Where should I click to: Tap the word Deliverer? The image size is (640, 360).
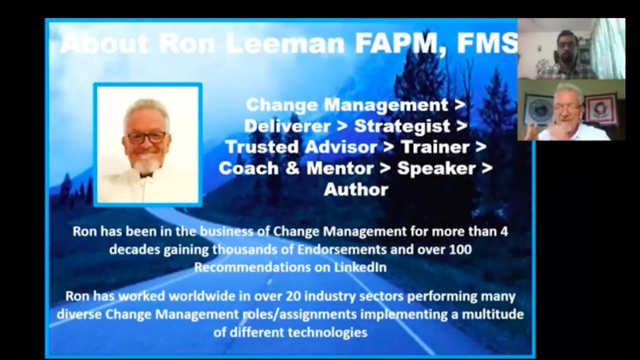point(287,126)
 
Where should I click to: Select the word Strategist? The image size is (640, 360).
point(402,126)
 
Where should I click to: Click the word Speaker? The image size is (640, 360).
point(436,168)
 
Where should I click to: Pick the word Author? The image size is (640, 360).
point(355,189)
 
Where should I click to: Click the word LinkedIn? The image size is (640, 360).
point(359,267)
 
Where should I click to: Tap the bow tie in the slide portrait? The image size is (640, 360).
point(146,173)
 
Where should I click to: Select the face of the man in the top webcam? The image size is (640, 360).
point(565,53)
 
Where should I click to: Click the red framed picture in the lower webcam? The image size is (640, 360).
point(600,109)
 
